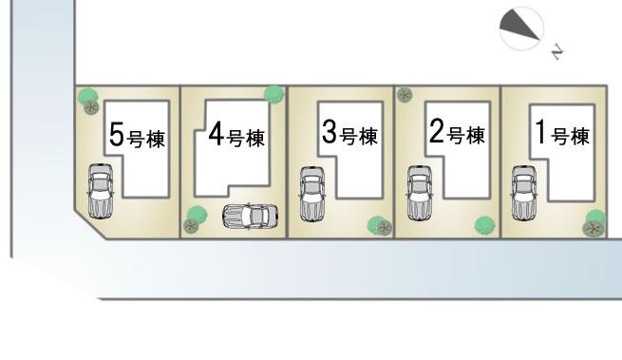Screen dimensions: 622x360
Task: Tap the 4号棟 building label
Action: pos(235,136)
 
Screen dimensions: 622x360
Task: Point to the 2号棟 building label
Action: pos(457,135)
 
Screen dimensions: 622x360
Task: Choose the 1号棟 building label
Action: pos(562,136)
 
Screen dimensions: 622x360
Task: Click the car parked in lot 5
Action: pos(100,190)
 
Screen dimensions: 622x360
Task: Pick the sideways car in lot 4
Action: pos(251,218)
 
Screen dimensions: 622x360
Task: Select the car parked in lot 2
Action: pos(419,193)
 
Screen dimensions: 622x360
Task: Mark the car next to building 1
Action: pos(523,193)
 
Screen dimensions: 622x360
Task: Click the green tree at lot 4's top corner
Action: pos(273,93)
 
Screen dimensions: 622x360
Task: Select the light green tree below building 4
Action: pos(198,214)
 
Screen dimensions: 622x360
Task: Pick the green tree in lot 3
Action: pos(380,225)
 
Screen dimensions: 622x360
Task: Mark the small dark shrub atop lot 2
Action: pos(405,94)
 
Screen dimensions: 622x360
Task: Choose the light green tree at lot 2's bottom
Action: pos(484,224)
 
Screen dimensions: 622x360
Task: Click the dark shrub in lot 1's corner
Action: pos(594,228)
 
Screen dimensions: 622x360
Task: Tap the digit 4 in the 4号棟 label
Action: pos(215,134)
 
